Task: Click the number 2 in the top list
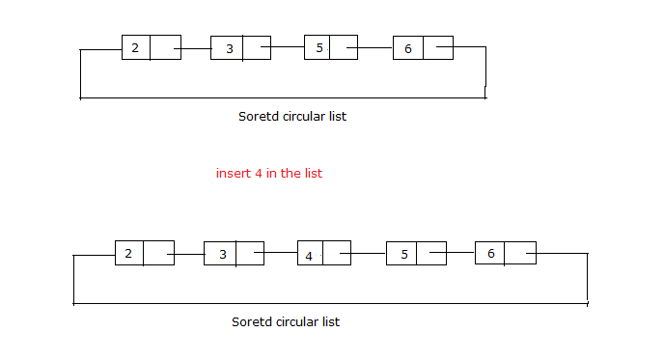click(x=135, y=47)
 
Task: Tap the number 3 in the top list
click(x=229, y=48)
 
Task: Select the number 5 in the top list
click(x=319, y=47)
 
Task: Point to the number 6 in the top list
click(x=408, y=48)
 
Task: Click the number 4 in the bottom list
click(x=309, y=256)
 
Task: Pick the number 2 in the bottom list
click(x=128, y=253)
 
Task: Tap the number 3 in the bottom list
click(x=222, y=255)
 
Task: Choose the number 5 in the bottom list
click(x=404, y=255)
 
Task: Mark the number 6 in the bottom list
click(x=490, y=253)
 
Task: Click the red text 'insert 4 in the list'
click(x=268, y=174)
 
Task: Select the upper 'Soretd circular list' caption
click(x=291, y=116)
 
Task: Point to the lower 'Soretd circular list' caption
click(x=286, y=321)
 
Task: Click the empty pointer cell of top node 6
click(x=438, y=47)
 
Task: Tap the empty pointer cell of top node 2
click(x=166, y=47)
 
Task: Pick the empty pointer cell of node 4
click(x=336, y=253)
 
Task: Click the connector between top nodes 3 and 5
click(x=287, y=46)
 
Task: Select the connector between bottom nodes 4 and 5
click(x=368, y=253)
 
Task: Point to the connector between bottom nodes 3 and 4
click(x=280, y=253)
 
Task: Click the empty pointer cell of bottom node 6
click(x=520, y=253)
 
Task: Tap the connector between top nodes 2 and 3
click(x=196, y=47)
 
